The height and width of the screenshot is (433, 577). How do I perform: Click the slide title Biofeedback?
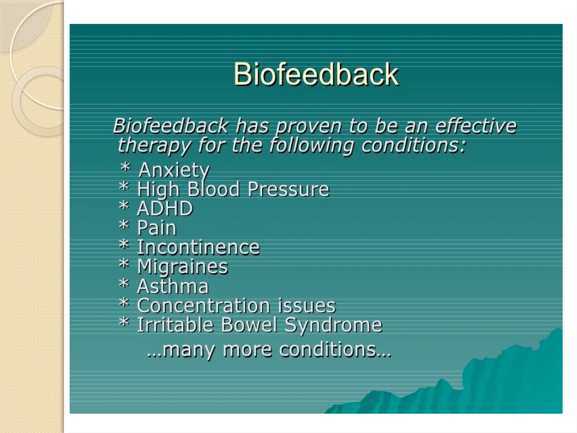pos(316,74)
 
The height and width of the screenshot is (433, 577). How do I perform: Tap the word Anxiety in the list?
pos(174,170)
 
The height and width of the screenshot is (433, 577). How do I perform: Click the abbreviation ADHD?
pos(165,209)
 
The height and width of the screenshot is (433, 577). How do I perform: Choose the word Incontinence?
pos(198,247)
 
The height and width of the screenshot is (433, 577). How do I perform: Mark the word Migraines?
pos(183,267)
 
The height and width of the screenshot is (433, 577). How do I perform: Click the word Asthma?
pos(173,286)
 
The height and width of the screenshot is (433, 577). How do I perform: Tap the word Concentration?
pos(203,306)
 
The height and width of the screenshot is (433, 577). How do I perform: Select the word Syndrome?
pos(333,325)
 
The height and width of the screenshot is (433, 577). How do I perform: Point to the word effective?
pos(476,126)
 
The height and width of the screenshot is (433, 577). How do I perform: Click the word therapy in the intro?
pos(154,146)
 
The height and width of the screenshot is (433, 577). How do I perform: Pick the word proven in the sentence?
pos(308,127)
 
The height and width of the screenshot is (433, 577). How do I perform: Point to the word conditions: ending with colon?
pos(413,146)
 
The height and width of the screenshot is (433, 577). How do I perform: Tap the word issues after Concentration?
pos(307,306)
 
